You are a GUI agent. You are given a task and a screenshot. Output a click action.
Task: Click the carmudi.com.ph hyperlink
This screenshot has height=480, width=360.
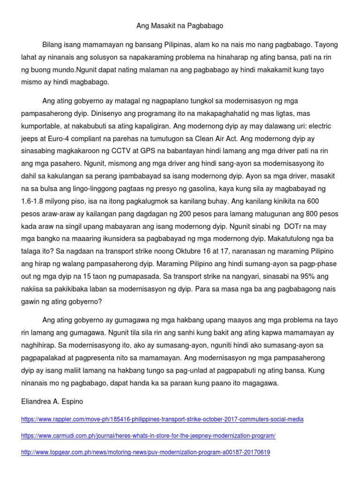tap(148, 435)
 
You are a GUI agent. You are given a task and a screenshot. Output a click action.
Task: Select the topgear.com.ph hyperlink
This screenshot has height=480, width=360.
tap(145, 452)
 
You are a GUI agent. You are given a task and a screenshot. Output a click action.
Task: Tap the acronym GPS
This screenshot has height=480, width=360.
tap(157, 151)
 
